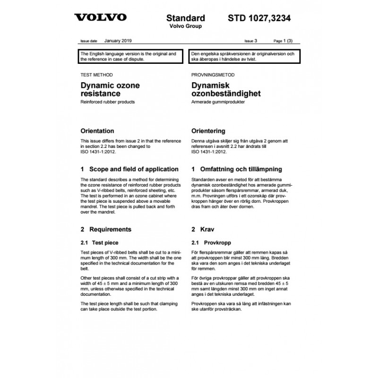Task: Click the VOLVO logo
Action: (x=100, y=17)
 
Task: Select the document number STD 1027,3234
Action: (x=259, y=18)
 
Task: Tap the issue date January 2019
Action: (x=119, y=42)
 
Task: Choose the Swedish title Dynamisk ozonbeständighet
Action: (x=226, y=90)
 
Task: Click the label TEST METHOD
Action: (x=97, y=75)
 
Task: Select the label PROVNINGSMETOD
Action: (x=213, y=75)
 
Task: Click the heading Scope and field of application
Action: (x=129, y=169)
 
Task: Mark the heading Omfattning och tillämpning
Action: (x=237, y=169)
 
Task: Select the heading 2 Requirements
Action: (x=106, y=230)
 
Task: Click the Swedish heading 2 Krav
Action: (x=203, y=230)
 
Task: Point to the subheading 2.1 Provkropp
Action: (x=210, y=242)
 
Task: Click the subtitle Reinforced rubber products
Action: (x=108, y=102)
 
